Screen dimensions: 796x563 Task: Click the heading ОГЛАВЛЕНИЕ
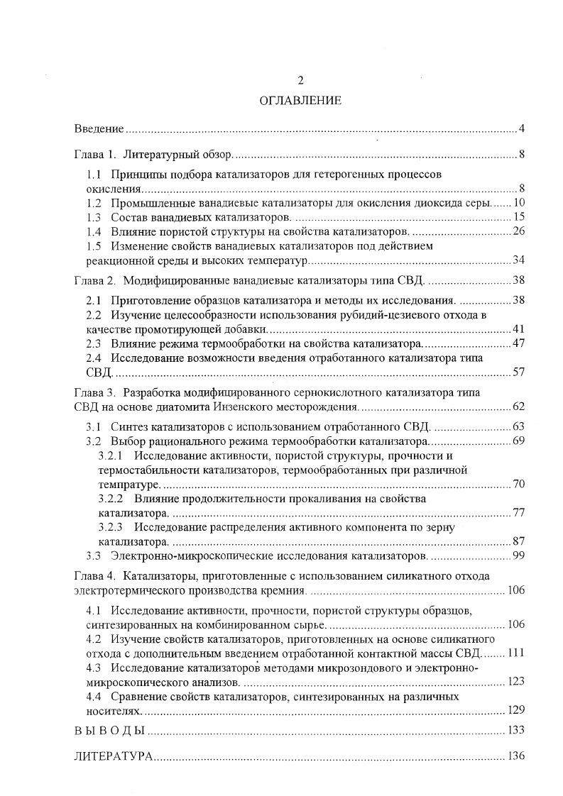(300, 101)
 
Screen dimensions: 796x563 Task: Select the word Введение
(99, 128)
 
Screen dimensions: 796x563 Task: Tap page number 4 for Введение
(521, 128)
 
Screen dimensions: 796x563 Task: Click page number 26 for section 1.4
(518, 231)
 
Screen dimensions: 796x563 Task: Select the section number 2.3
(94, 343)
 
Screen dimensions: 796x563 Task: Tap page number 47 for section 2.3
(518, 343)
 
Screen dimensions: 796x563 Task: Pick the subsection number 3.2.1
(111, 455)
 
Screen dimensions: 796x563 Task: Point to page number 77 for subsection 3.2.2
(518, 512)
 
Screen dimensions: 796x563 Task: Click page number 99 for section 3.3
(518, 555)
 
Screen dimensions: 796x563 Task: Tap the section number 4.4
(94, 696)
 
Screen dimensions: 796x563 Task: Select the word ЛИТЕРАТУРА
(114, 756)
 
